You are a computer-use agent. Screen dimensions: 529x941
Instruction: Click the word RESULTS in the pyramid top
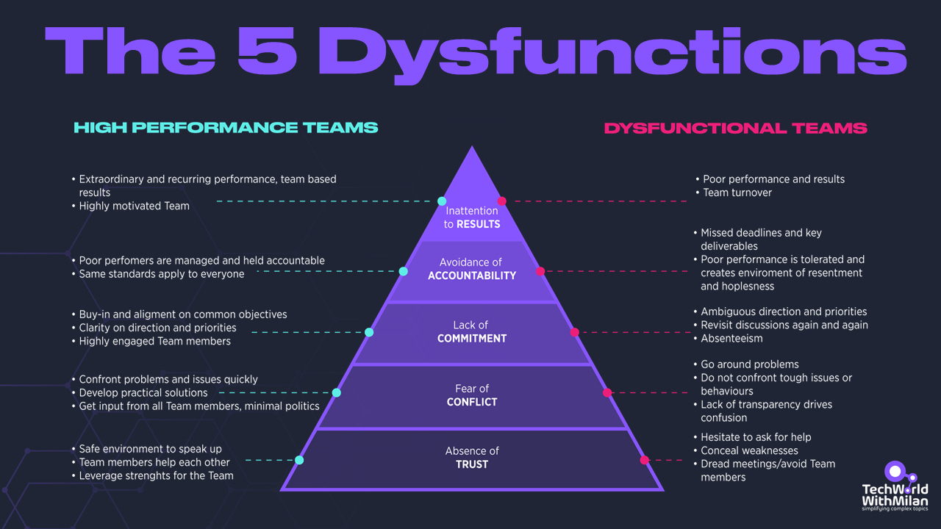click(479, 224)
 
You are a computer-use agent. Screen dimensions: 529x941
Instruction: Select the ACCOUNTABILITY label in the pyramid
click(472, 276)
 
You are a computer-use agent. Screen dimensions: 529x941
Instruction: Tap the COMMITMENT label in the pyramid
click(472, 339)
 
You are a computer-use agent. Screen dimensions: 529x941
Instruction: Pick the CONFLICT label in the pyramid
click(472, 402)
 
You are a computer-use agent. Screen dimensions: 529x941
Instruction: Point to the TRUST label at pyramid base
click(472, 464)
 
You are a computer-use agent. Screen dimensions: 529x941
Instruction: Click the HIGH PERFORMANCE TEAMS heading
click(226, 128)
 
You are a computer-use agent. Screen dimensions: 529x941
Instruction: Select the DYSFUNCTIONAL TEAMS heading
click(735, 129)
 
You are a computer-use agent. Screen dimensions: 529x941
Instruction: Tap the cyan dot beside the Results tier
click(442, 201)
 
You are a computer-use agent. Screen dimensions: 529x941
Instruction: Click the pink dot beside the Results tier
click(502, 201)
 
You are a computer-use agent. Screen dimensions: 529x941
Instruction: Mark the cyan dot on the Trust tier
click(299, 460)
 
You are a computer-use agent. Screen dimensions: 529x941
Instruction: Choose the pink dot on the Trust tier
click(645, 460)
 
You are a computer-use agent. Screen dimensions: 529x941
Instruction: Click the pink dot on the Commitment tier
click(575, 332)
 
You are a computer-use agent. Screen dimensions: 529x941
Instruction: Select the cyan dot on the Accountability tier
click(403, 271)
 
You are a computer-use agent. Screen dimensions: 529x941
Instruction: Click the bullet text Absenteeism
click(731, 339)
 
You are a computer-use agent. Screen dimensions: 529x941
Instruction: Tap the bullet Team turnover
click(737, 192)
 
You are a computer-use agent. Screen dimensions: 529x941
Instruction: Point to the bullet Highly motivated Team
click(134, 206)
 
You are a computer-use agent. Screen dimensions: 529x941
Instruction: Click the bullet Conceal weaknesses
click(749, 450)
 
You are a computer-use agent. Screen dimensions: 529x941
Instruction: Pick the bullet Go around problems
click(749, 364)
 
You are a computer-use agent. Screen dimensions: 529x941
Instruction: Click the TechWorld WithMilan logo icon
click(895, 472)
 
